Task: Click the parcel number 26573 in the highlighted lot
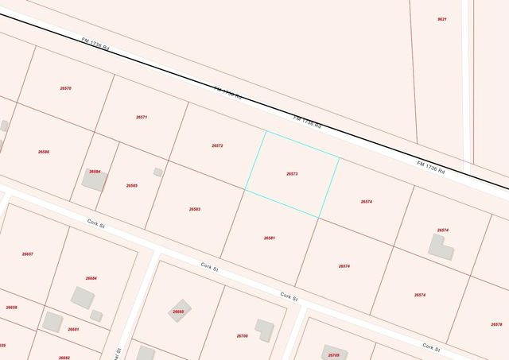292,173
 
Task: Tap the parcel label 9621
442,19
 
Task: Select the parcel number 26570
66,88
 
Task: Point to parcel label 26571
142,117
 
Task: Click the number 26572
217,145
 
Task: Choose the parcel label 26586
44,151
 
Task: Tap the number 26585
132,185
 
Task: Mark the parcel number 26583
195,209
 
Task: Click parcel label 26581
270,238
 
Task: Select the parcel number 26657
28,254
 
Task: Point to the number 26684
91,278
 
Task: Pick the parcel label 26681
73,329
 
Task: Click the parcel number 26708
243,335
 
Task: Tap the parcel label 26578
497,324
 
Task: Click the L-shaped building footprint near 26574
441,247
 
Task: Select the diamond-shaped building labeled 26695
178,312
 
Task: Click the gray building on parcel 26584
94,180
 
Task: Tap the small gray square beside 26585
158,172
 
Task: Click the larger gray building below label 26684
82,297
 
